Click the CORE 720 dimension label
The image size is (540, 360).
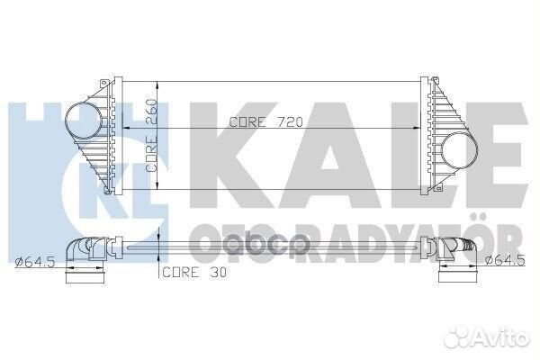pos(265,122)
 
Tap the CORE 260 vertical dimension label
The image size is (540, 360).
pos(151,136)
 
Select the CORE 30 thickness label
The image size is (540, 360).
pos(194,273)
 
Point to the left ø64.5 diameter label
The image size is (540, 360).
pos(35,262)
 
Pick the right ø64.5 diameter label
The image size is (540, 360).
pos(505,260)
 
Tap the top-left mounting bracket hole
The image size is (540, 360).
pos(103,84)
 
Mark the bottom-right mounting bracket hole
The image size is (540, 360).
pos(438,188)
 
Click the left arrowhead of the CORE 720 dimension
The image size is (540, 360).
pos(126,128)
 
